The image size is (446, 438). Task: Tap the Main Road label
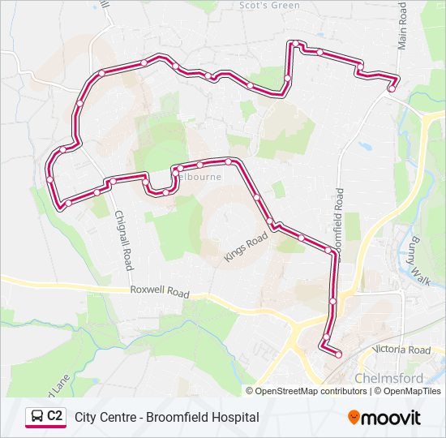coord(402,25)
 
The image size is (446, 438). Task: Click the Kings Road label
coord(246,247)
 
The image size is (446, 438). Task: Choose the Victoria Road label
coord(401,350)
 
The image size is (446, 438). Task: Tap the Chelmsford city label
coord(388,379)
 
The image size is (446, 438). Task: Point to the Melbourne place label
coord(199,175)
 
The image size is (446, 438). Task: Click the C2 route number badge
coord(54,416)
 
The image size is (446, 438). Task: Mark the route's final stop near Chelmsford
coord(338,354)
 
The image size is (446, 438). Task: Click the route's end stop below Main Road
coord(391,89)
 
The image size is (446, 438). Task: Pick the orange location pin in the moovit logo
coord(354,418)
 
